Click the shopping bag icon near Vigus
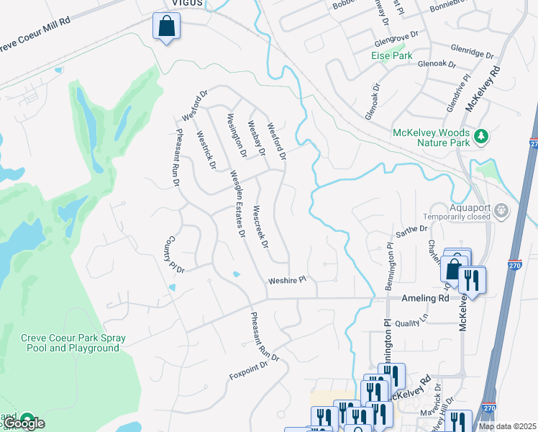pyautogui.click(x=166, y=27)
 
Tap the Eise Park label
pyautogui.click(x=391, y=55)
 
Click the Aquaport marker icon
pyautogui.click(x=502, y=211)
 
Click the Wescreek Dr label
pyautogui.click(x=261, y=230)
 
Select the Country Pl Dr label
pyautogui.click(x=175, y=254)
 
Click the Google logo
pyautogui.click(x=22, y=423)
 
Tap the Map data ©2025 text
pyautogui.click(x=507, y=426)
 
